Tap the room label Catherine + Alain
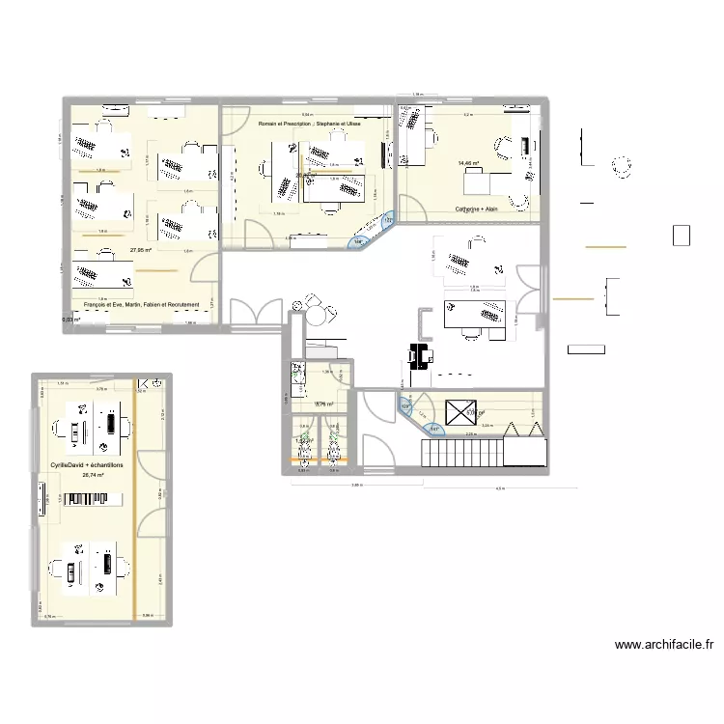[477, 208]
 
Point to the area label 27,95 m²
[142, 249]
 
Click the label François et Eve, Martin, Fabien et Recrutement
[142, 304]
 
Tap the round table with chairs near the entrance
[318, 313]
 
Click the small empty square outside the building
[682, 236]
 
